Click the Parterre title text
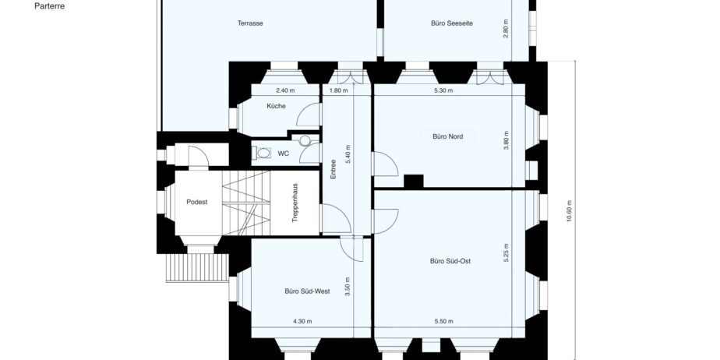point(49,7)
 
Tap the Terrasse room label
point(250,23)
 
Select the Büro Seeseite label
point(452,23)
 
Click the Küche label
point(276,106)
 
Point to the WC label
point(284,154)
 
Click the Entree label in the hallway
point(334,169)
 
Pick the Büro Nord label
point(448,136)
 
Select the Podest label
point(196,202)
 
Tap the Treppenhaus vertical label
point(295,203)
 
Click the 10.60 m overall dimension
point(570,211)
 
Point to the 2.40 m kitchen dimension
point(284,90)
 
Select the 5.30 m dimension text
point(443,90)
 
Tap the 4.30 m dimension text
point(302,321)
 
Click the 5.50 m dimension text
point(443,321)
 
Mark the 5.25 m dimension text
point(506,252)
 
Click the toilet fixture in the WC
point(261,153)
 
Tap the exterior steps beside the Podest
point(197,268)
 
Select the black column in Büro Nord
point(413,182)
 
